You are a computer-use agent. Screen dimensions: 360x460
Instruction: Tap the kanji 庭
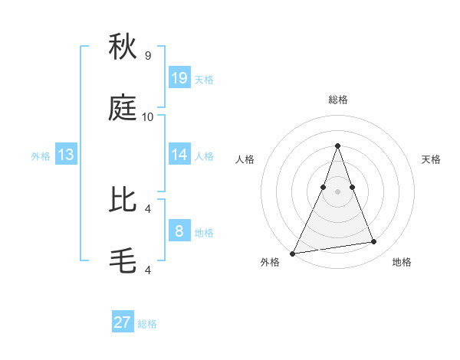point(123,109)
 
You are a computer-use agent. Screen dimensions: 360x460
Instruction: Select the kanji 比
point(123,200)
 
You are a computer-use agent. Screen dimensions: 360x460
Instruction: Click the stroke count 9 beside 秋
point(147,56)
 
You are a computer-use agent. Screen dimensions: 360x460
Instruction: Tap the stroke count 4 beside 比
point(148,208)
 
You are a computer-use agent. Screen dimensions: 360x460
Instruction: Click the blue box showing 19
point(179,77)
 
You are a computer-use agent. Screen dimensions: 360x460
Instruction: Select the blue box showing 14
point(179,155)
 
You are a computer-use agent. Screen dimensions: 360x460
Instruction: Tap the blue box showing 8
point(179,231)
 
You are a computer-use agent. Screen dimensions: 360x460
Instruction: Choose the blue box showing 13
point(65,155)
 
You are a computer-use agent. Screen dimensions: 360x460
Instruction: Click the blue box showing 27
point(123,322)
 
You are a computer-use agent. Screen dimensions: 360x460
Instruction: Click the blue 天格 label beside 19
point(204,79)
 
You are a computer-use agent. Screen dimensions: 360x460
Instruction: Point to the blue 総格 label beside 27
point(147,324)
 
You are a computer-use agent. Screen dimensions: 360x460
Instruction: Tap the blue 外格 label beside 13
point(41,156)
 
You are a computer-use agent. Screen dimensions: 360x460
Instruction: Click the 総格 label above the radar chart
point(337,100)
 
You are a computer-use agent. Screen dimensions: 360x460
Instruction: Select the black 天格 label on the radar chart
point(431,159)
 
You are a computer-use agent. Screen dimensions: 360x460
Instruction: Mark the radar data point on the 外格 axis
point(293,254)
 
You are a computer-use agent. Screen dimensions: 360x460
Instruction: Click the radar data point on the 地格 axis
point(374,242)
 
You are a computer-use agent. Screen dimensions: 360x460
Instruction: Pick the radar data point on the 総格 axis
point(337,146)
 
